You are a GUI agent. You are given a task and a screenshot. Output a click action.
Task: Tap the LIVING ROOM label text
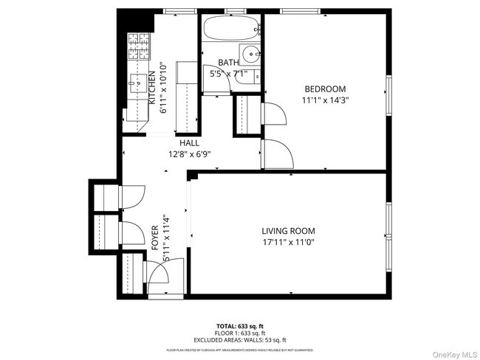tap(289, 229)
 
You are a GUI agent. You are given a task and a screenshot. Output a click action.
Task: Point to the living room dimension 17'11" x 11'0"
tap(289, 241)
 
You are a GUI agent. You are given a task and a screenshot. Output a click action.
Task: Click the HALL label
tap(188, 143)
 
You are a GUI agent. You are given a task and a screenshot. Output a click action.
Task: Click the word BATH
tap(227, 63)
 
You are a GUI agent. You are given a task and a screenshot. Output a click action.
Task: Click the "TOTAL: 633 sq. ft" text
tap(240, 325)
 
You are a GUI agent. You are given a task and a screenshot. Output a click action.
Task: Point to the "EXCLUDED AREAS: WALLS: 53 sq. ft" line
tap(240, 339)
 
